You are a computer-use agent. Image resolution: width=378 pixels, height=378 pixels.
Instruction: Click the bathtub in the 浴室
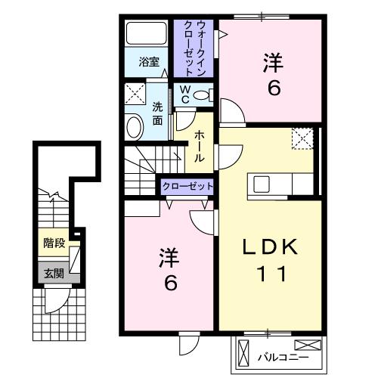point(147,33)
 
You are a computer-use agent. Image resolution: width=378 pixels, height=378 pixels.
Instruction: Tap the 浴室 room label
point(149,62)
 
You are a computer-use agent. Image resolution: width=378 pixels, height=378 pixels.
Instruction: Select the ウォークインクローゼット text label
point(194,48)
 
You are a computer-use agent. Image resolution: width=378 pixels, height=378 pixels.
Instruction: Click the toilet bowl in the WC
point(201,95)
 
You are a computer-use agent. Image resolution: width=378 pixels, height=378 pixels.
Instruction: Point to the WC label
point(185,94)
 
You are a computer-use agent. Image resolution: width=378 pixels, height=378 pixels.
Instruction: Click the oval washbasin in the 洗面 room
point(134,127)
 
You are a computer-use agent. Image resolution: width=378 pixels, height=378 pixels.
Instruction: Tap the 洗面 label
point(157,114)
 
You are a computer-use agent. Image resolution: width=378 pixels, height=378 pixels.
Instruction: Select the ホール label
point(199,146)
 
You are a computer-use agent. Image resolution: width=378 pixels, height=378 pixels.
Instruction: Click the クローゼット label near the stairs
point(187,187)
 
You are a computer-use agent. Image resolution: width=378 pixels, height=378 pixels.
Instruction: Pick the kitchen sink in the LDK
point(261,184)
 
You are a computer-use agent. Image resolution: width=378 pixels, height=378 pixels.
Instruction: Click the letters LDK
point(270,247)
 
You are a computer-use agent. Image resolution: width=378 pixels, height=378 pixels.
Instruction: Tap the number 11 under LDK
point(271,274)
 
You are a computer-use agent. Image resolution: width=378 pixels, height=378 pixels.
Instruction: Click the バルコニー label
point(283,358)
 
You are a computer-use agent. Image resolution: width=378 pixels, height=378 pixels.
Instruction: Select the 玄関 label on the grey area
point(54,273)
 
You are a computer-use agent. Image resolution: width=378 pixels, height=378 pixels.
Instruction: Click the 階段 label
point(54,243)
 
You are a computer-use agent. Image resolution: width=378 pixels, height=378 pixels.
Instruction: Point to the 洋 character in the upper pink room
point(273,64)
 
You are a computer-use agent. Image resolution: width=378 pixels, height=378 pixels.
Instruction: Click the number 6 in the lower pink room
point(171,283)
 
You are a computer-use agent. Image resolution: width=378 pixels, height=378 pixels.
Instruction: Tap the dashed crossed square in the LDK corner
point(302,139)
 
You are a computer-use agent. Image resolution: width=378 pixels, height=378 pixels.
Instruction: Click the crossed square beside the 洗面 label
point(135,94)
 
